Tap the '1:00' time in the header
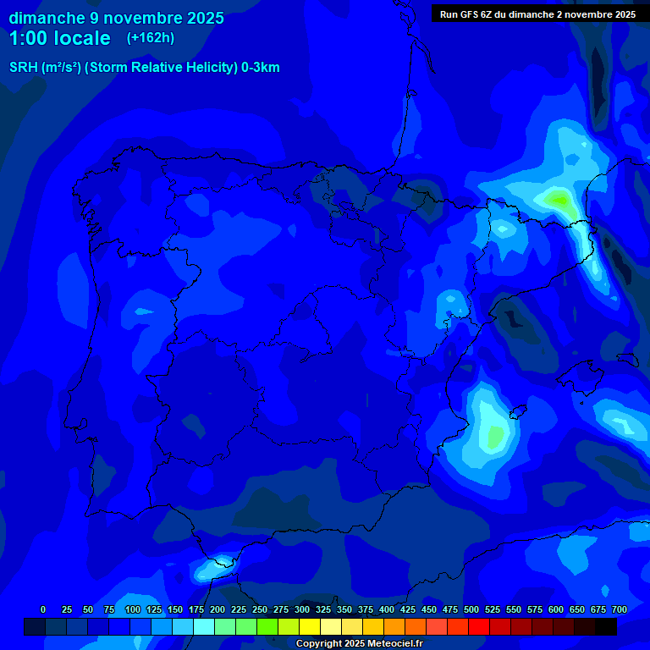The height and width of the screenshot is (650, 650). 30,38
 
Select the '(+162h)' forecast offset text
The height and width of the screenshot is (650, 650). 150,38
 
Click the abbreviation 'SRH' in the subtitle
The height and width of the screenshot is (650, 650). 24,68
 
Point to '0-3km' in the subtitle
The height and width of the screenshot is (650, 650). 260,68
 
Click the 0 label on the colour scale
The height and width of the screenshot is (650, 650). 43,609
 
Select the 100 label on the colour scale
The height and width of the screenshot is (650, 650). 133,609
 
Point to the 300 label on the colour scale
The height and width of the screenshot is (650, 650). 302,609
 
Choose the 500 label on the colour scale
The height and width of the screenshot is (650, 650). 471,609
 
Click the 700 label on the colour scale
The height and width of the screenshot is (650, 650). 620,609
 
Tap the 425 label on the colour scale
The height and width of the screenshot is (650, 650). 408,609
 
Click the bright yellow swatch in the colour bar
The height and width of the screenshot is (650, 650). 310,626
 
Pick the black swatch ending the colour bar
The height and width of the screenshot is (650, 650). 606,626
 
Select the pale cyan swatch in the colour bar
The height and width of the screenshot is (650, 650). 204,626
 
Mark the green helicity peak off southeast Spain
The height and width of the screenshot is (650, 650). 495,436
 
